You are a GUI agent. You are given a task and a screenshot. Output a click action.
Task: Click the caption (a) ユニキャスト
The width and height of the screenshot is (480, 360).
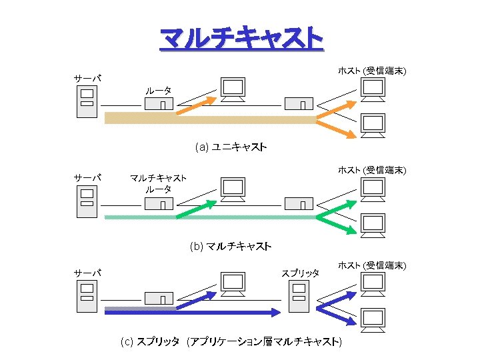point(231,147)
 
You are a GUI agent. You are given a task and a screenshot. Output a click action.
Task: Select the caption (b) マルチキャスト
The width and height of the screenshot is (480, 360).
point(230,246)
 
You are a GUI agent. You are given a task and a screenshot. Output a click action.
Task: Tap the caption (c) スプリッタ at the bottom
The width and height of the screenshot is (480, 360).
point(231,342)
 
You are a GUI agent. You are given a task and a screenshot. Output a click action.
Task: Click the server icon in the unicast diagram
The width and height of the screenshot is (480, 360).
point(87,102)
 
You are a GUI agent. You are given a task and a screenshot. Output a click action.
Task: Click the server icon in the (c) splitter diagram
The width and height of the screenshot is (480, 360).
point(87,297)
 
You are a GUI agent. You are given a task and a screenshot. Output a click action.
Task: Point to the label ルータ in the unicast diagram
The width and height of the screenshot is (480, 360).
point(158,90)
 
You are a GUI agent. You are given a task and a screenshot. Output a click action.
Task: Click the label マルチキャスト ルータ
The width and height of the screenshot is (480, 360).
point(158,183)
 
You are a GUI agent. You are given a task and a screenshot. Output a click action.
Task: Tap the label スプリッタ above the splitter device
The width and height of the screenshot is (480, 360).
point(300,273)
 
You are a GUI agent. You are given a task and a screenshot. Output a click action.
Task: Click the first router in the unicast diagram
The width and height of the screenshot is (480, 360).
point(158,104)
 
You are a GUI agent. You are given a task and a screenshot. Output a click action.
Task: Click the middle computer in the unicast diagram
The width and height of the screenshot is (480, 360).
point(233,89)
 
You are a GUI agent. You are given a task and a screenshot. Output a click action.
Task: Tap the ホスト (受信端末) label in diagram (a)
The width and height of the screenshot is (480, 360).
point(372,70)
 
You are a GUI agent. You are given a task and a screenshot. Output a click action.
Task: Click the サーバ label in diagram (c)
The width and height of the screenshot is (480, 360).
point(87,273)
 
